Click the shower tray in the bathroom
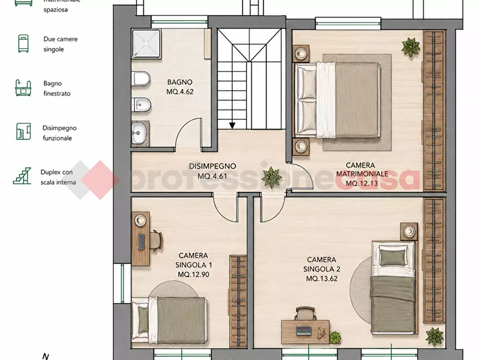point(146,44)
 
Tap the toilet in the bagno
point(141,78)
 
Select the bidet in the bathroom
point(141,105)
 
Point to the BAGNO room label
point(180,82)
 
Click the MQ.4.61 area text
point(212,176)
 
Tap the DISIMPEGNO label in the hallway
point(212,166)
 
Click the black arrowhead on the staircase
point(232,126)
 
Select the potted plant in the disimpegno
point(271,177)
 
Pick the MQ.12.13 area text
point(362,183)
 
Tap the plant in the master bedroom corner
point(411,47)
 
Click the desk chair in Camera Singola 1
point(156,240)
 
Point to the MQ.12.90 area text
point(194,274)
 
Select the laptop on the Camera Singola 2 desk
point(304,330)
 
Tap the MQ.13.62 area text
point(322,278)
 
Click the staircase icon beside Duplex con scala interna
point(22,176)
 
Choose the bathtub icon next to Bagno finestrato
point(23,88)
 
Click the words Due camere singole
point(61,44)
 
